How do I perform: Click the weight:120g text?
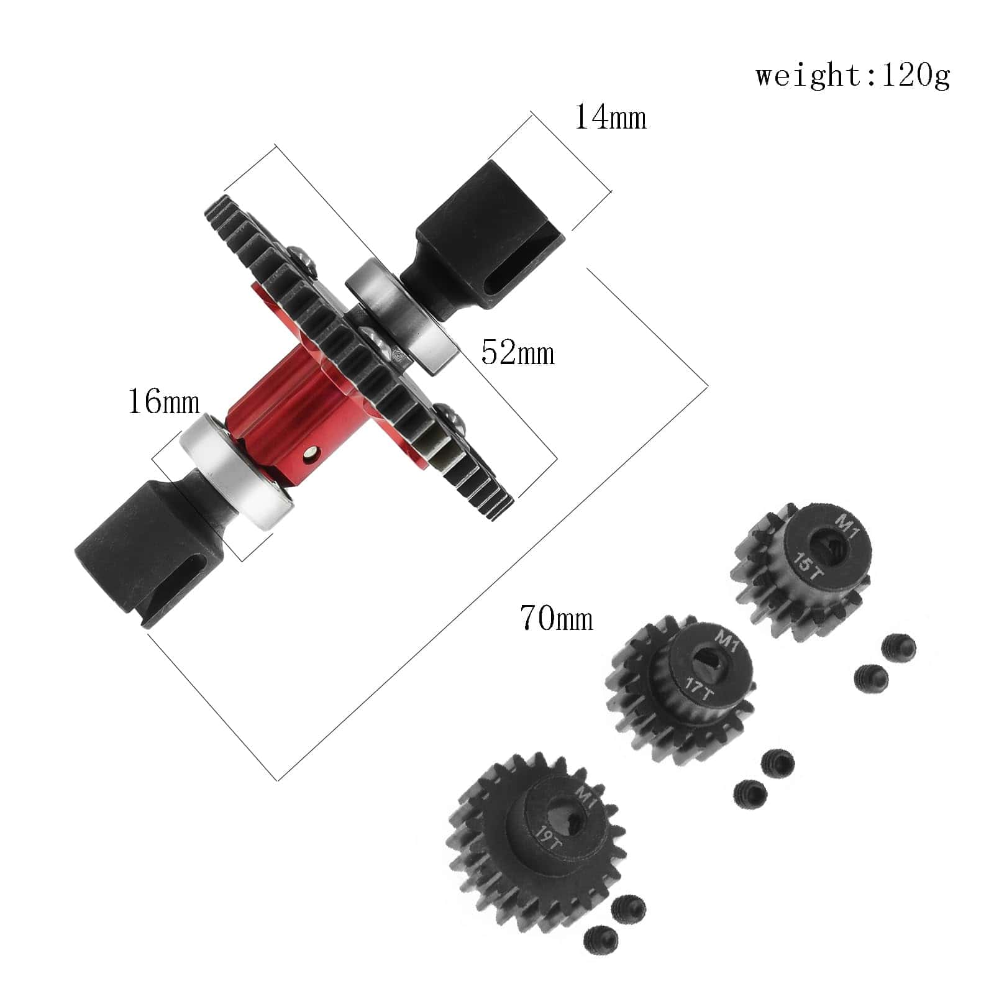click(853, 76)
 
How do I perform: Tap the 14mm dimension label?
click(610, 117)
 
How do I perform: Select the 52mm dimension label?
click(518, 353)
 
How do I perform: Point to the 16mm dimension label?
click(163, 401)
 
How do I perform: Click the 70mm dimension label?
click(557, 618)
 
